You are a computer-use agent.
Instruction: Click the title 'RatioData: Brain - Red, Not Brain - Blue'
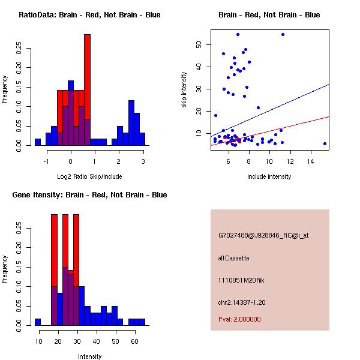click(89, 15)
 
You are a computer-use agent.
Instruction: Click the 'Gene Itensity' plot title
click(89, 195)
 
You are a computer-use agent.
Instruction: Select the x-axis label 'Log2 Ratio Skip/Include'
click(89, 176)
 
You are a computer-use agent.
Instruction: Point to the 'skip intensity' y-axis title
click(184, 90)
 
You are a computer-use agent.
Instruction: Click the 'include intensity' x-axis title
click(269, 176)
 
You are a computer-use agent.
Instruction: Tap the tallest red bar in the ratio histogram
click(87, 90)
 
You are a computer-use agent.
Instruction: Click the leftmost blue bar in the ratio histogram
click(37, 142)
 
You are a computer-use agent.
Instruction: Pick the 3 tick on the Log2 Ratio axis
click(143, 161)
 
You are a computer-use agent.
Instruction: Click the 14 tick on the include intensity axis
click(311, 161)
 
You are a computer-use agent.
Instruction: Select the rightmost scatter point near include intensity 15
click(325, 143)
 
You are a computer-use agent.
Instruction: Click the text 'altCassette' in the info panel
click(233, 258)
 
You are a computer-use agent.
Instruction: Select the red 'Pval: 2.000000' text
click(239, 319)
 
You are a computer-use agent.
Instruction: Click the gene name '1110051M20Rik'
click(239, 280)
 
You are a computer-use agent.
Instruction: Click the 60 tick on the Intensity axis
click(135, 341)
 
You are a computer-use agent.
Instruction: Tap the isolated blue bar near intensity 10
click(38, 322)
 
